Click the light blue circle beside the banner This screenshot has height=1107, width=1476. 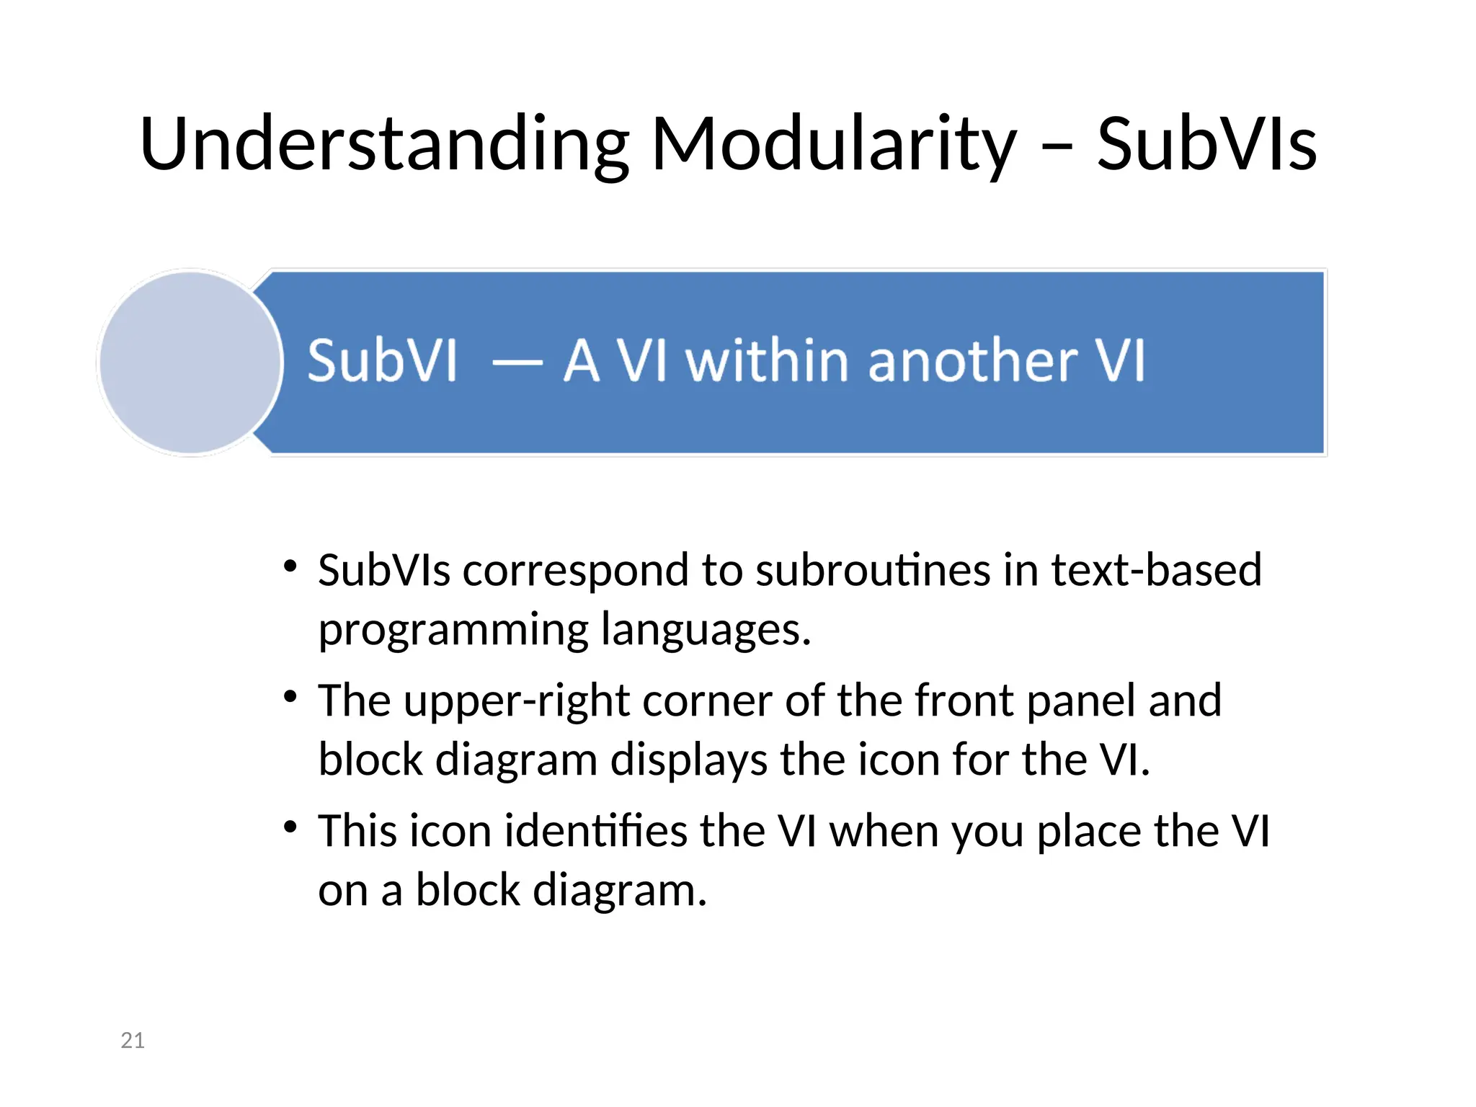190,363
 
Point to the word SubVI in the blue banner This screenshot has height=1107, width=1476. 383,360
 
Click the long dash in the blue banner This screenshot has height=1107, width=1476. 517,362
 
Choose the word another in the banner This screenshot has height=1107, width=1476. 973,360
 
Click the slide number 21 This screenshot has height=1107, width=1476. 133,1040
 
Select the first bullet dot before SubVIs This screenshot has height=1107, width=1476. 290,566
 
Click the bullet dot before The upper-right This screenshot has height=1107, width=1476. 290,697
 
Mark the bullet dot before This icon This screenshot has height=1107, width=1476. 290,827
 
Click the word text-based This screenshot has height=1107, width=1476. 1156,570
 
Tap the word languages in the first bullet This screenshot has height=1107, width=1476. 706,630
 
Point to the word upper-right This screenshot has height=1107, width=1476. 517,701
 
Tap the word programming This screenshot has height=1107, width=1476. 453,630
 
